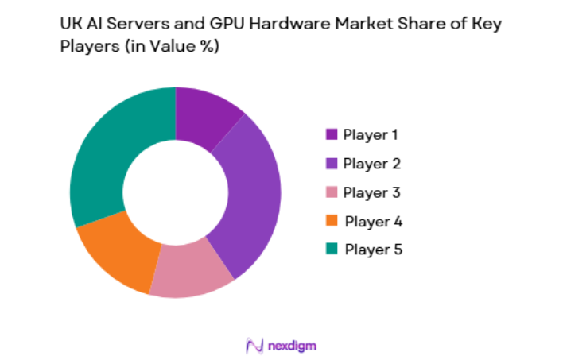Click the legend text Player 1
pos(371,134)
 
